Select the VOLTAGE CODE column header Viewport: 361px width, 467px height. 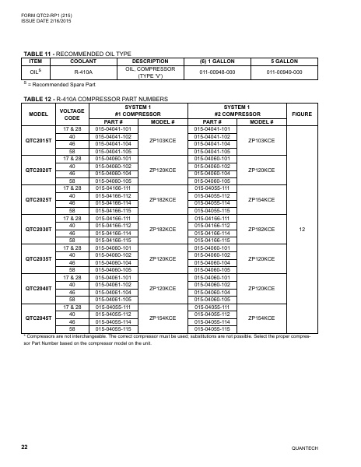point(72,114)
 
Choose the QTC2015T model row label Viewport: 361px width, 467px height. point(39,141)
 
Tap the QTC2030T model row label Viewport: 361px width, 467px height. point(39,230)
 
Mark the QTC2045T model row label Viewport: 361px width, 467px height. point(39,318)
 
